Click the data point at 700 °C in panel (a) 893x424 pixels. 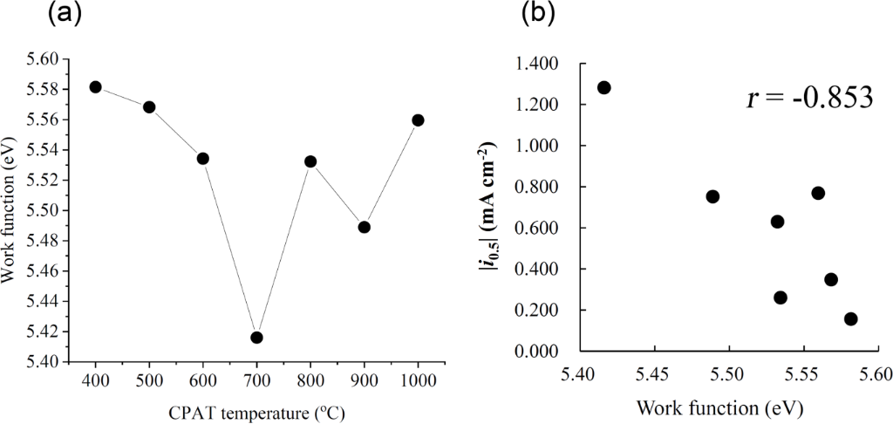coord(256,338)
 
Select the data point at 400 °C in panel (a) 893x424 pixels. coord(96,86)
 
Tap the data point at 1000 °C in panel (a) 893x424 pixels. coord(418,120)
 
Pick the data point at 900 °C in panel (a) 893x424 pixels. coord(365,227)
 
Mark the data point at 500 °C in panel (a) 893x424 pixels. coord(149,106)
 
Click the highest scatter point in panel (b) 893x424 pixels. coord(603,87)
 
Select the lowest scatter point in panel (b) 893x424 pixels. coord(850,319)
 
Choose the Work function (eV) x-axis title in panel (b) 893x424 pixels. coord(719,407)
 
